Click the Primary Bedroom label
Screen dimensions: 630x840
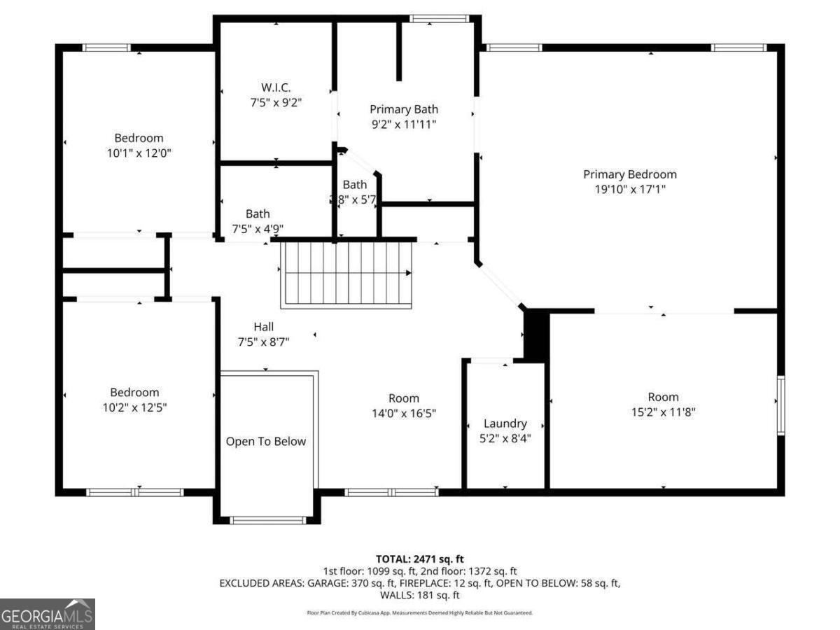tap(630, 174)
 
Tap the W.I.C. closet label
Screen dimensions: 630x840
tap(276, 87)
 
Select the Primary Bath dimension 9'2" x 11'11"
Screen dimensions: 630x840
tap(404, 124)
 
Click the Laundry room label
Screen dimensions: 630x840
tap(505, 423)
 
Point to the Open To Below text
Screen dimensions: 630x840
tap(266, 442)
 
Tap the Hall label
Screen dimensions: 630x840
tap(264, 327)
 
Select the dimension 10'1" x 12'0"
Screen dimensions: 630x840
tap(139, 153)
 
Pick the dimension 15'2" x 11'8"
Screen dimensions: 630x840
tap(663, 412)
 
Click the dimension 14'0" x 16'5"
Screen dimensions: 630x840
tap(404, 413)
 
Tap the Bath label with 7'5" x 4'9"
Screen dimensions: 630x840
tap(258, 214)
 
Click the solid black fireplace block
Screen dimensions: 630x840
tap(536, 336)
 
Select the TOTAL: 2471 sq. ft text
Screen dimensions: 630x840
tap(420, 559)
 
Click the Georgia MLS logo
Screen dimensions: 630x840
tap(47, 615)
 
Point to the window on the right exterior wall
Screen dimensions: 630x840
tap(780, 405)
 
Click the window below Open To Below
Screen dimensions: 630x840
tap(268, 520)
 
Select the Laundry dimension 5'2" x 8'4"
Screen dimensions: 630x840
tap(505, 439)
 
